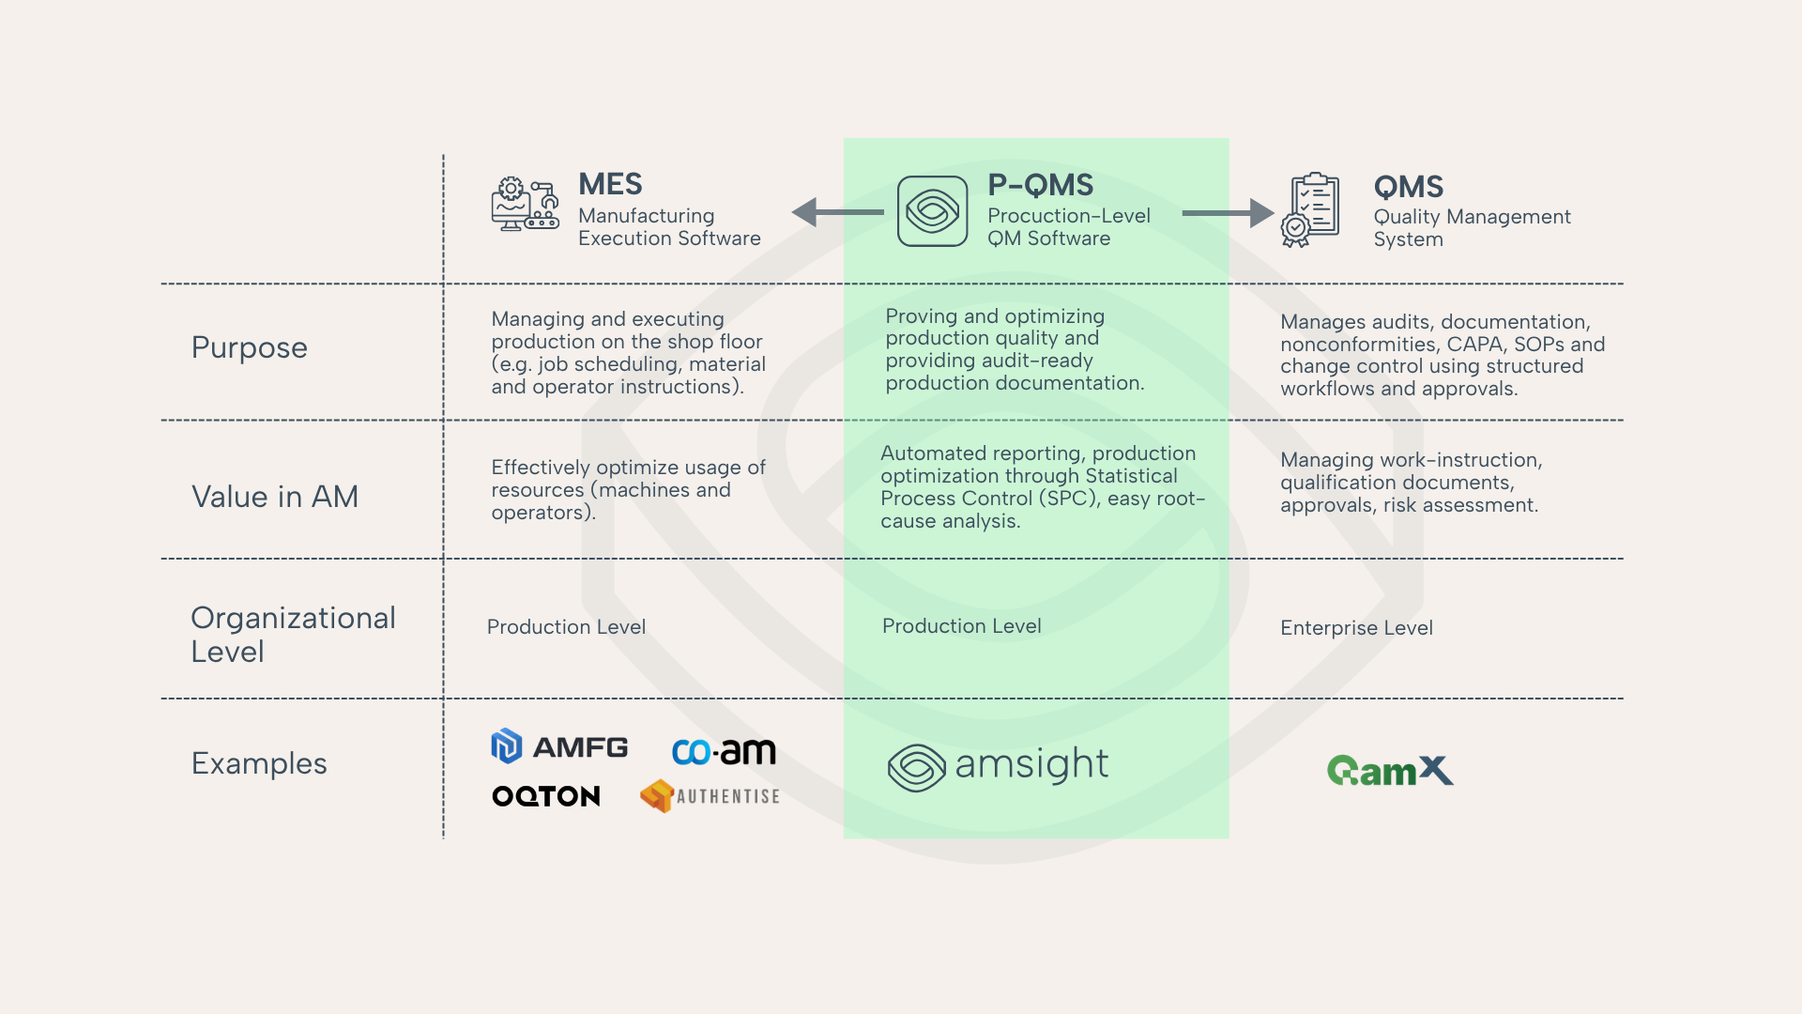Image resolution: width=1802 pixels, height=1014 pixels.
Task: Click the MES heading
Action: point(610,184)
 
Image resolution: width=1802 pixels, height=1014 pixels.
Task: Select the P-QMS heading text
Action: point(1040,185)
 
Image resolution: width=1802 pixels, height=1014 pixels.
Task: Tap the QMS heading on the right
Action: point(1408,187)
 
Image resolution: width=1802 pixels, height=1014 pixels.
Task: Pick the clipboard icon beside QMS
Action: point(1310,209)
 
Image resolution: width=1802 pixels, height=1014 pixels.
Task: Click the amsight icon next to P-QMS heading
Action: point(932,211)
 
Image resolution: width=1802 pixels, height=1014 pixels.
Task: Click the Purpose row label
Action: point(249,347)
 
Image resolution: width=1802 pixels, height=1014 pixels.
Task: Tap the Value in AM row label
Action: point(275,497)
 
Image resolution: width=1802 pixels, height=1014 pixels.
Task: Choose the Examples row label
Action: point(259,763)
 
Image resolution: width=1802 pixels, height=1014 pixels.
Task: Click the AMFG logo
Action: point(559,747)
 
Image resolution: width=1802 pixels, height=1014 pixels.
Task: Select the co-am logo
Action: point(724,752)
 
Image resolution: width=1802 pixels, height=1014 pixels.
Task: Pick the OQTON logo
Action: point(546,796)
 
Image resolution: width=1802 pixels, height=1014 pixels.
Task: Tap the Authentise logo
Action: point(710,796)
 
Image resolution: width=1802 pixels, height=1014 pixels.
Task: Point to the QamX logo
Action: point(1390,771)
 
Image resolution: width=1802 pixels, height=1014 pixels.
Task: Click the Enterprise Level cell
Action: point(1356,628)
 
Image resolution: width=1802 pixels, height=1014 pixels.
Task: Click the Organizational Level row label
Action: point(292,635)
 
